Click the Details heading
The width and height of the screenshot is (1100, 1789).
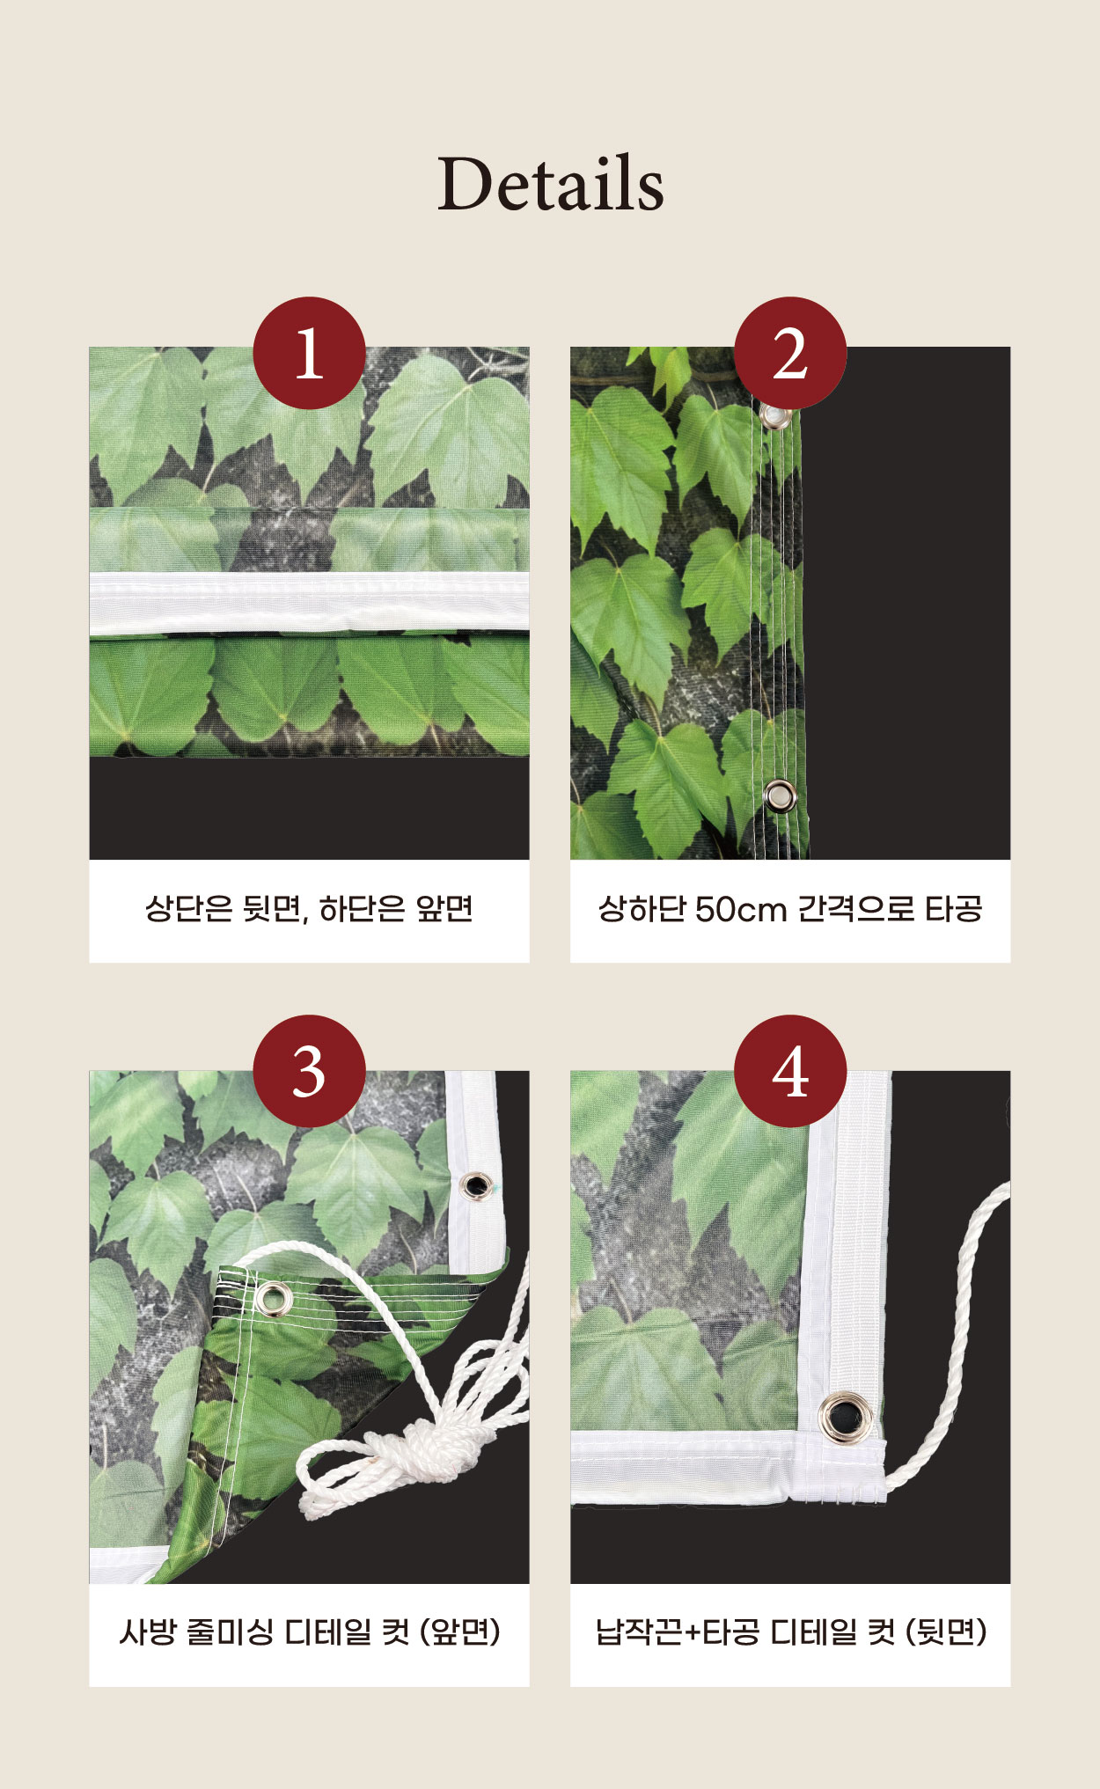pos(551,183)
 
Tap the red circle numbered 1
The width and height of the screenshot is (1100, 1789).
pos(309,353)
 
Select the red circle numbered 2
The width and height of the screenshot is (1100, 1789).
pos(790,353)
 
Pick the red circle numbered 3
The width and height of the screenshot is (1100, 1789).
pos(309,1071)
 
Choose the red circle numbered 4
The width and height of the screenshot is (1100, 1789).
pos(790,1071)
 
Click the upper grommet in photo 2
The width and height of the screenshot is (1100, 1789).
pos(775,416)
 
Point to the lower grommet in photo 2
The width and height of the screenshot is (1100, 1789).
pos(779,796)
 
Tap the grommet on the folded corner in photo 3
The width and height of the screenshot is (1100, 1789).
pos(273,1298)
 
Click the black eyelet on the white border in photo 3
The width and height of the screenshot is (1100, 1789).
pos(475,1185)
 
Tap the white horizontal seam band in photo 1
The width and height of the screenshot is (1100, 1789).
pos(309,604)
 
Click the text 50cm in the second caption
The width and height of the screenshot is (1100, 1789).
pos(740,909)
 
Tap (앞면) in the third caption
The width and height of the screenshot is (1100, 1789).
pos(460,1632)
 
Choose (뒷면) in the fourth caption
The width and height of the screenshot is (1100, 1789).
pos(946,1632)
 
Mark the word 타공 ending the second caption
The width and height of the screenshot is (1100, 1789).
pos(953,909)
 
